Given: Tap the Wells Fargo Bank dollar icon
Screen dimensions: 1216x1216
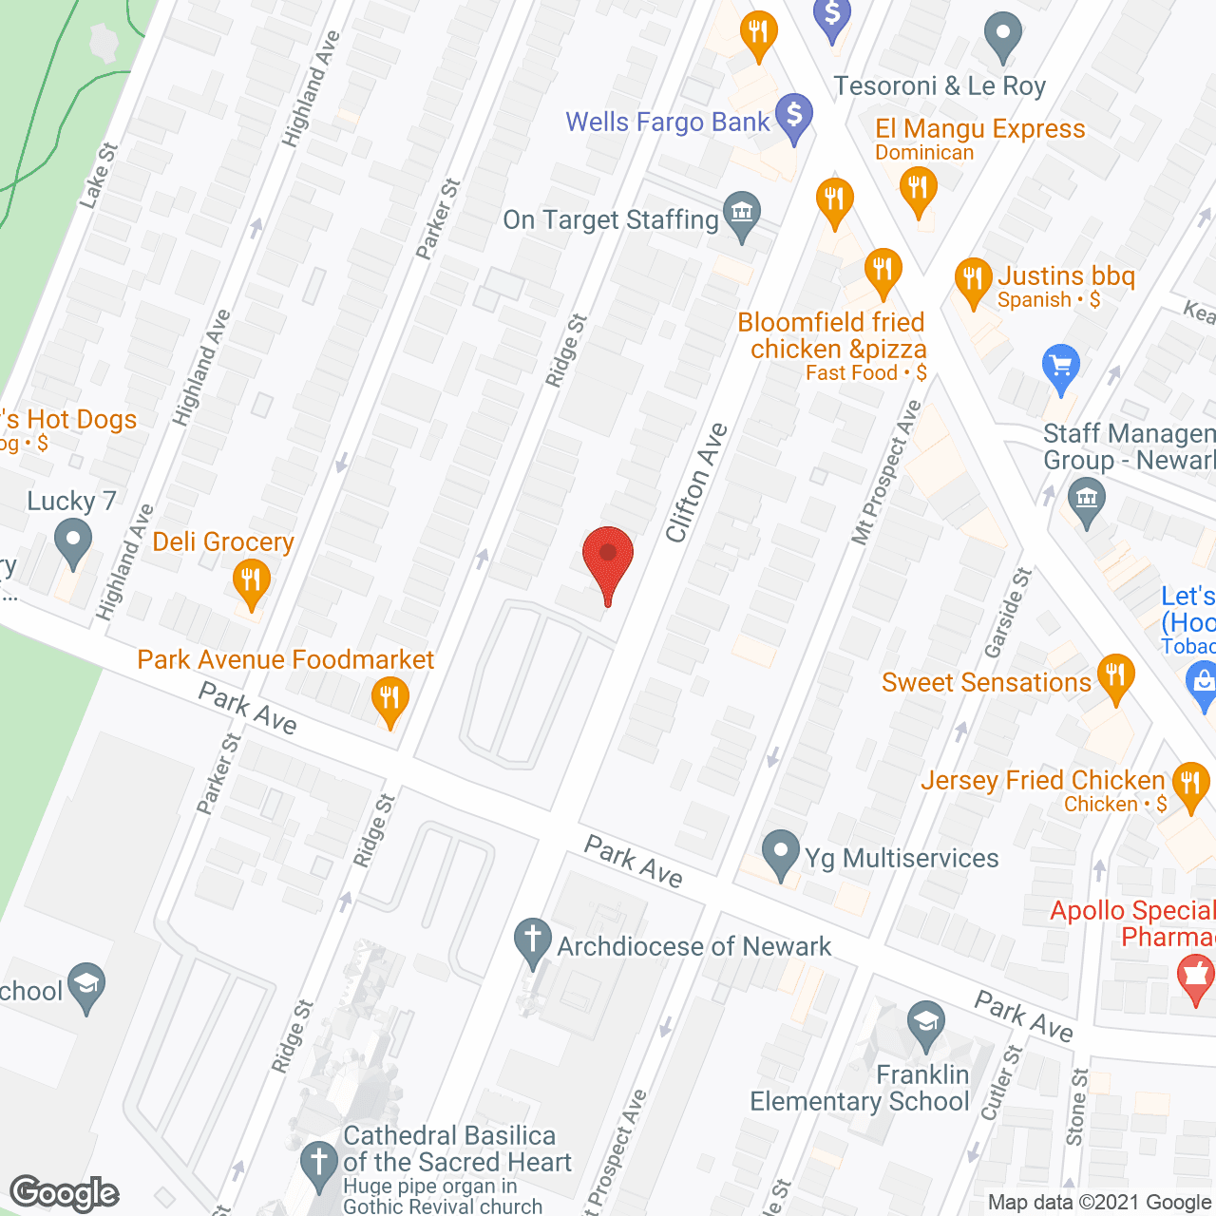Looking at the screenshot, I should click(x=794, y=115).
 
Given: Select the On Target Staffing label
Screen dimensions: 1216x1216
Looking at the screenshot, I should click(x=611, y=220).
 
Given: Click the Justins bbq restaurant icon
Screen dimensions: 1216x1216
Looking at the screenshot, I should click(x=973, y=279).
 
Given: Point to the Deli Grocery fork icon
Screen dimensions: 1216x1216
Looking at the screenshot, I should click(x=251, y=579).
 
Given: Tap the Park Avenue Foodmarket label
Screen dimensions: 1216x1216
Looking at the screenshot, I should click(x=285, y=659).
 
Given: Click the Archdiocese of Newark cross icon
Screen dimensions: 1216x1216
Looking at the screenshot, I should click(x=533, y=940).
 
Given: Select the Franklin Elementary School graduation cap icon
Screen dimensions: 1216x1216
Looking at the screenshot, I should click(x=925, y=1024).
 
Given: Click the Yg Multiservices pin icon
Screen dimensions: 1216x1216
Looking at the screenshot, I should click(x=781, y=852).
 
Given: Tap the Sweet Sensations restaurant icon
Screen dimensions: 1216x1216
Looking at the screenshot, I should click(x=1116, y=675).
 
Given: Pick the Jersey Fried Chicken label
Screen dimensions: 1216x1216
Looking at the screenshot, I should click(x=1042, y=781).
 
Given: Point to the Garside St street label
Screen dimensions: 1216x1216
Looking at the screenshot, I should click(x=1008, y=613).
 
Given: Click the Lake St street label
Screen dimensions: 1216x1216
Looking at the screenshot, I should click(x=98, y=176).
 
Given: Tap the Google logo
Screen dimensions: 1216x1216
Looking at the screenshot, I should click(x=65, y=1193).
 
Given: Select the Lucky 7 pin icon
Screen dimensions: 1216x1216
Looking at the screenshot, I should click(x=72, y=542).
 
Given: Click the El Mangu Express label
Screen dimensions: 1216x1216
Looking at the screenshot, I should click(x=979, y=129).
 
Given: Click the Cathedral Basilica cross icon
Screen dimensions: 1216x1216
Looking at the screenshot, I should click(x=318, y=1162).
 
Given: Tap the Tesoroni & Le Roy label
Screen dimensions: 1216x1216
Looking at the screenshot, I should click(x=940, y=86).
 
